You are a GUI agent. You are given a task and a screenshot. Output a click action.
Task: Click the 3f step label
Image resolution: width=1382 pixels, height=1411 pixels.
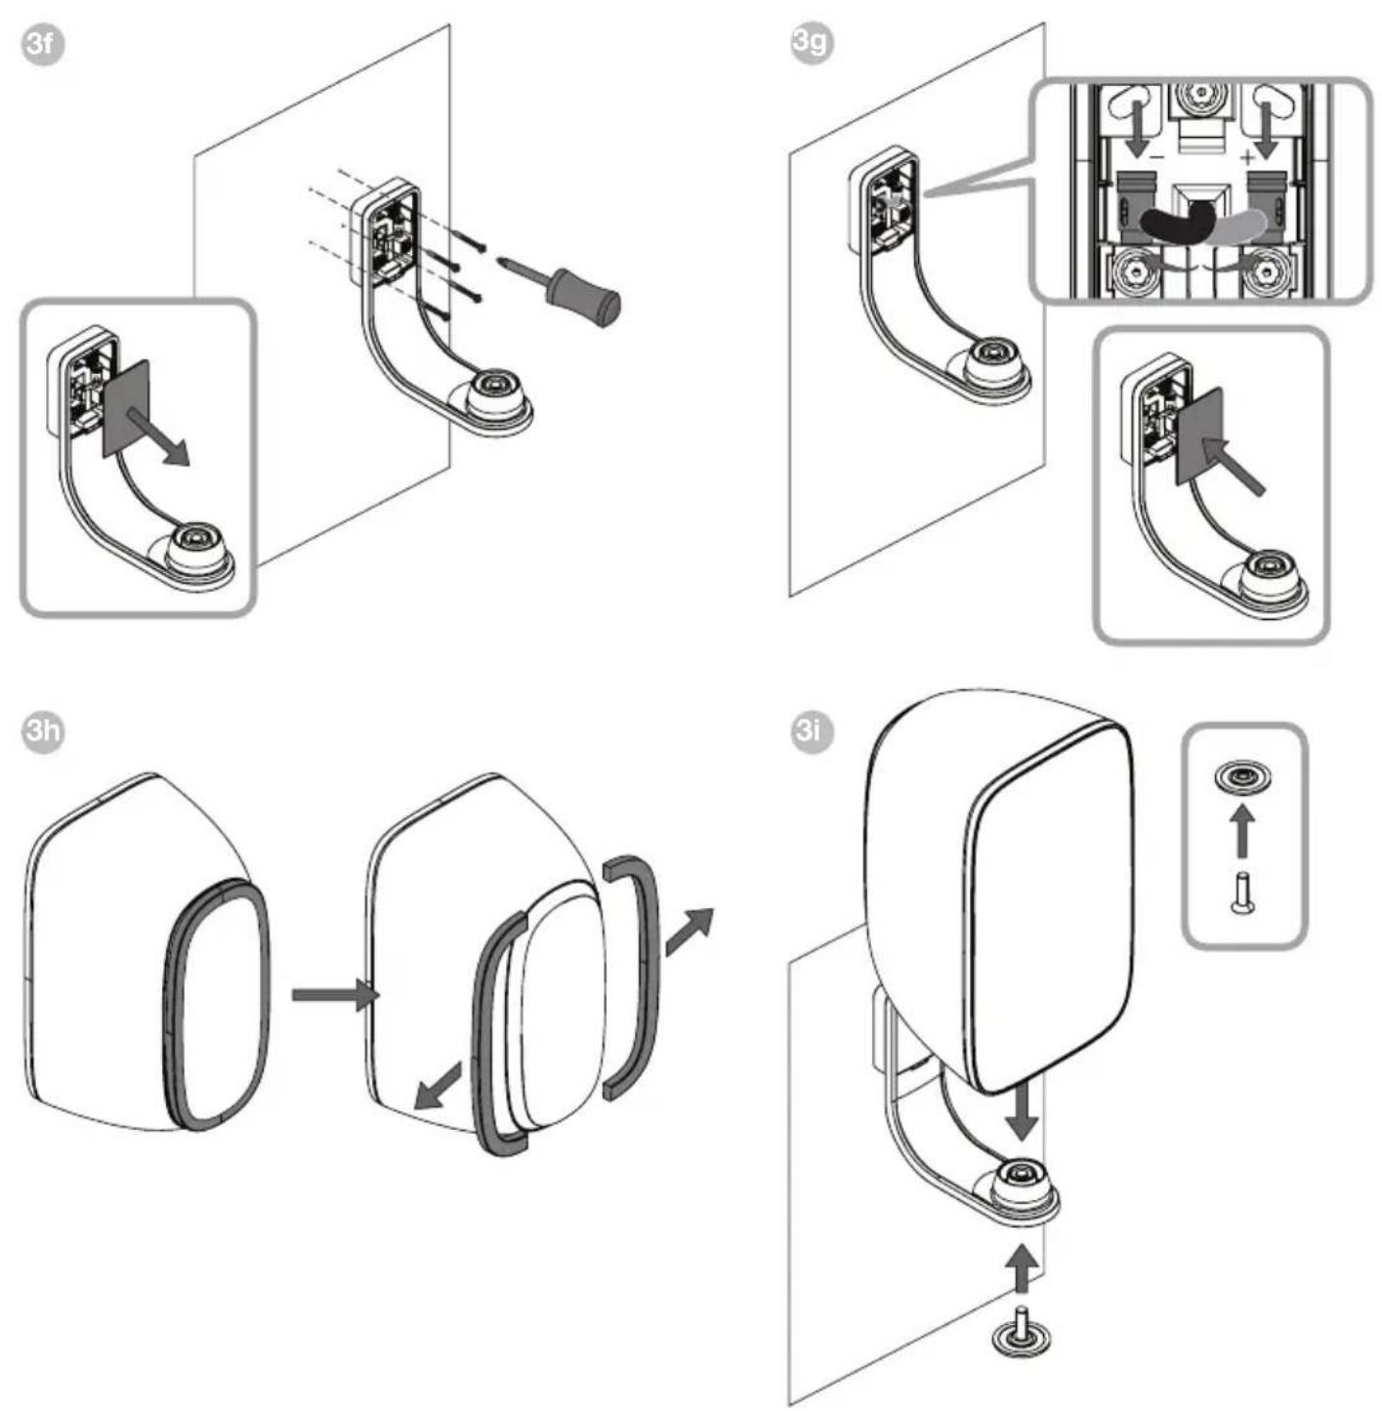[42, 44]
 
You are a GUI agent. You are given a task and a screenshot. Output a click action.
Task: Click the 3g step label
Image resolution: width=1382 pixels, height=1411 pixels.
[813, 42]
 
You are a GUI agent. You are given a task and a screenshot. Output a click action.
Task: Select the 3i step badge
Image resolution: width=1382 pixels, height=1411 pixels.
[813, 731]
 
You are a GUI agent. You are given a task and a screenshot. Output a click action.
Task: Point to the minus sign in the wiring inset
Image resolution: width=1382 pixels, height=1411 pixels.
[1155, 156]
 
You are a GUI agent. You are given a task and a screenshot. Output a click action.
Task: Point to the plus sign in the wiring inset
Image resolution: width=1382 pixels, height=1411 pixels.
[1246, 156]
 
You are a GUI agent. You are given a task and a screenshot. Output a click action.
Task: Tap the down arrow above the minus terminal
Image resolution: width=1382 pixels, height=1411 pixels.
[1136, 129]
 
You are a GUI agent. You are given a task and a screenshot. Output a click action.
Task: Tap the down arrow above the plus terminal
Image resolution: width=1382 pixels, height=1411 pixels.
[1266, 129]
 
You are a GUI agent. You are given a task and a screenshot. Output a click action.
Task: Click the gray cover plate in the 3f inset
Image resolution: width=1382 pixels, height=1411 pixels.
[127, 408]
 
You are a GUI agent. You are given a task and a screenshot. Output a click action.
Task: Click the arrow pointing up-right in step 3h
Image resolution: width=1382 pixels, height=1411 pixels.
[689, 931]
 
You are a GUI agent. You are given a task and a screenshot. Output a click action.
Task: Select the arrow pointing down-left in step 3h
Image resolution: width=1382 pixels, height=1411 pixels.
[438, 1086]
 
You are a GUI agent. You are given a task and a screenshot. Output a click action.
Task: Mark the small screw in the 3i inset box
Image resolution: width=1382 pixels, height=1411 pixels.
[1242, 892]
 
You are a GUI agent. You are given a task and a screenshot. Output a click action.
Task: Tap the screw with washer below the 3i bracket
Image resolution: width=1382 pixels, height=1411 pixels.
[1021, 1337]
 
